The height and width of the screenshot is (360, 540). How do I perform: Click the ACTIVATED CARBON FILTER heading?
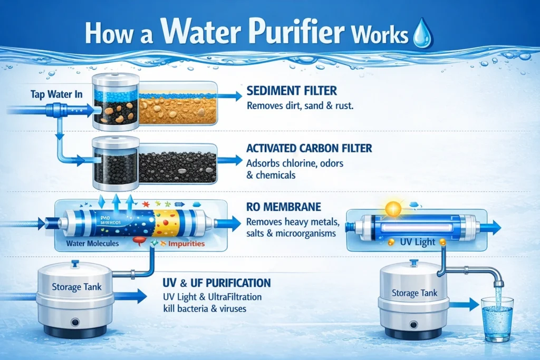310,149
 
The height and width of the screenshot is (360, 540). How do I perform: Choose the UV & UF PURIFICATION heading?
217,283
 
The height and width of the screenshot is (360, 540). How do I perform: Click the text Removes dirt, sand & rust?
300,106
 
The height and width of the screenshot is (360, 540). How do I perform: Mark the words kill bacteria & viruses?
206,308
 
